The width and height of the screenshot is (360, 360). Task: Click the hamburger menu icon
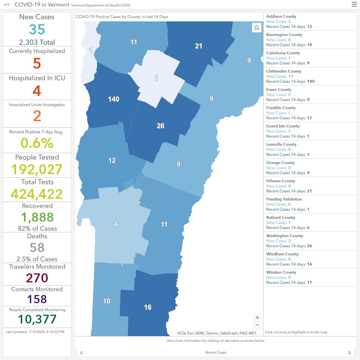pyautogui.click(x=354, y=4)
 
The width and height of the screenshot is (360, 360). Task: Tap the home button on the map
pyautogui.click(x=257, y=28)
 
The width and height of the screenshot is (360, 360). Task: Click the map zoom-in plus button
pyautogui.click(x=257, y=318)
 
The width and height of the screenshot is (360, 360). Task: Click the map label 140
pyautogui.click(x=114, y=99)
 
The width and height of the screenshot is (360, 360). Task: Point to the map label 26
pyautogui.click(x=161, y=126)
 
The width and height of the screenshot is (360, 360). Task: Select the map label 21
pyautogui.click(x=198, y=46)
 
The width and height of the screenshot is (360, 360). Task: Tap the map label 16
pyautogui.click(x=148, y=307)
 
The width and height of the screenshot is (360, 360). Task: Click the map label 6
pyautogui.click(x=116, y=224)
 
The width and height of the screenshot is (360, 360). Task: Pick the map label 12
pyautogui.click(x=112, y=160)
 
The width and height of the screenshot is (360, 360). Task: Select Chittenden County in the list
pyautogui.click(x=283, y=71)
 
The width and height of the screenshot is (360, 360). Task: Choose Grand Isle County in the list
pyautogui.click(x=283, y=126)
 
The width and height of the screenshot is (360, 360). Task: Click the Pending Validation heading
pyautogui.click(x=284, y=199)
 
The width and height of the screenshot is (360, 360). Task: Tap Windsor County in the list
pyautogui.click(x=281, y=272)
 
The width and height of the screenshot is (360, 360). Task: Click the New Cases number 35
pyautogui.click(x=37, y=29)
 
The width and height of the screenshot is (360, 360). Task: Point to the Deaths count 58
pyautogui.click(x=37, y=247)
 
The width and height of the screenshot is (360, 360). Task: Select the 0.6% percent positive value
pyautogui.click(x=37, y=143)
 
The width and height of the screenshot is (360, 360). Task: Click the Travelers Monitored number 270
pyautogui.click(x=37, y=278)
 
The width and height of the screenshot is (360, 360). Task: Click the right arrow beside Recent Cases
pyautogui.click(x=350, y=353)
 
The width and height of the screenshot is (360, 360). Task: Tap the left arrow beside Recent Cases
pyautogui.click(x=81, y=353)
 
